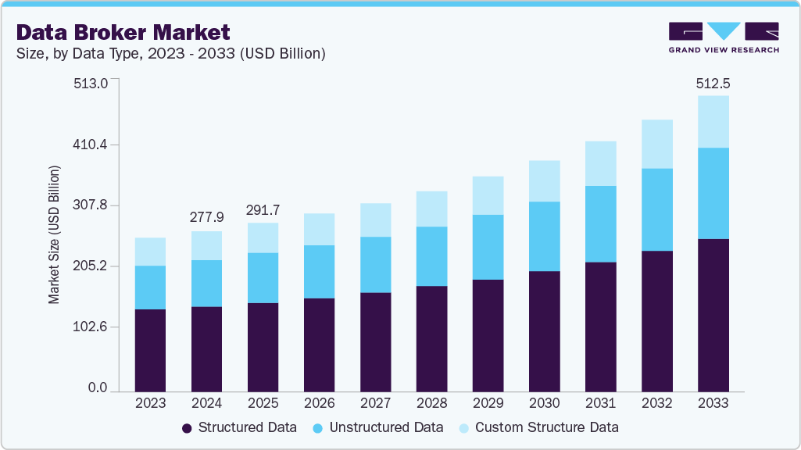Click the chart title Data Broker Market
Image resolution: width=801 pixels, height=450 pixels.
tap(123, 32)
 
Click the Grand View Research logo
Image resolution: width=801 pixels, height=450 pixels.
tap(724, 37)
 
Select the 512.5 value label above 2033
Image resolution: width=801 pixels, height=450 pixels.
tap(713, 84)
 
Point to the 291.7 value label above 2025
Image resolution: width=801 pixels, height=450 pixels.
tap(263, 210)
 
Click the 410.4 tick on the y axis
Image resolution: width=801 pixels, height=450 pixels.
tap(91, 145)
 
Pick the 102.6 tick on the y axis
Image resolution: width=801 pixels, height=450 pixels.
tap(91, 327)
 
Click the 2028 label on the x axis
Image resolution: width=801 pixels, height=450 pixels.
tap(431, 403)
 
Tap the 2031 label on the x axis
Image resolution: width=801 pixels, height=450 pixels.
tap(600, 403)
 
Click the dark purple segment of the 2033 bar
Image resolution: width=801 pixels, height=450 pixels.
tap(713, 315)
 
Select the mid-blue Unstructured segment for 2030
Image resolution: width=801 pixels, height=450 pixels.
tap(544, 236)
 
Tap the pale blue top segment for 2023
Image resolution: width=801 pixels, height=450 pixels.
tap(150, 252)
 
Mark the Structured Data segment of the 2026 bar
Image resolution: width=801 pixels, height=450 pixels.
tap(319, 345)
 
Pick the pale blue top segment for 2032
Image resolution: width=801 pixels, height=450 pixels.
tap(656, 144)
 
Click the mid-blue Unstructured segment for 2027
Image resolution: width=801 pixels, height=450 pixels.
tap(375, 264)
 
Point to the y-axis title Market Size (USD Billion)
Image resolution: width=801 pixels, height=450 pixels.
tap(54, 234)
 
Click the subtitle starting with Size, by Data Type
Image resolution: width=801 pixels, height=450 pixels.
tap(170, 54)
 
